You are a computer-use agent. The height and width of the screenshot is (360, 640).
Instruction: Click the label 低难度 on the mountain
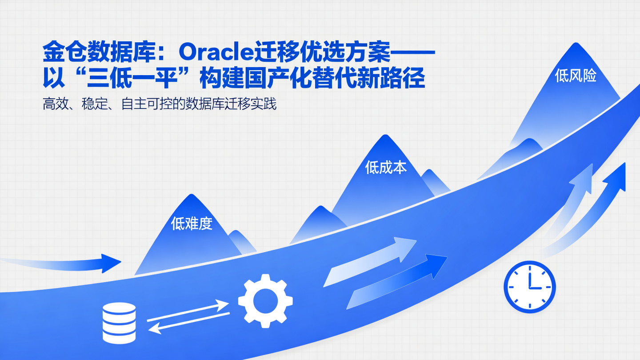coord(192,224)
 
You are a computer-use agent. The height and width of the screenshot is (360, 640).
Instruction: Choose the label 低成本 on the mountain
coord(385,168)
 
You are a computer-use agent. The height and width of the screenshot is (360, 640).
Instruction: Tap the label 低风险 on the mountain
coord(576,76)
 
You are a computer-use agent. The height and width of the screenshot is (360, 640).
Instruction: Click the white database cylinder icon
coord(119,323)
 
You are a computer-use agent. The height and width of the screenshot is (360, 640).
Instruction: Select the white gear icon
coord(265,301)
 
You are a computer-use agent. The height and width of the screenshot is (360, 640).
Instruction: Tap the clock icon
coord(529,287)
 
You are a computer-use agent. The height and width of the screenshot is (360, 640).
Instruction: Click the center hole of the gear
coord(265,301)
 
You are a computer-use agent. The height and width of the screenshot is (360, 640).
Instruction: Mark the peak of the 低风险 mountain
coord(576,43)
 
